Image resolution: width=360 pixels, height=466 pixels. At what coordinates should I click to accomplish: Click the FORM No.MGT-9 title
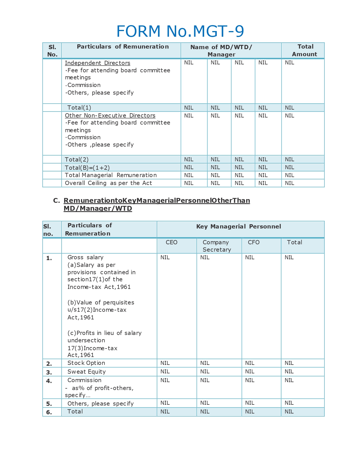pyautogui.click(x=180, y=31)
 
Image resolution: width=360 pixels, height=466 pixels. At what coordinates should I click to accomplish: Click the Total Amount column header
pyautogui.click(x=305, y=50)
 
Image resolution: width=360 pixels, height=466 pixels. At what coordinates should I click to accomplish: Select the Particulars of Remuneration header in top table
pyautogui.click(x=123, y=47)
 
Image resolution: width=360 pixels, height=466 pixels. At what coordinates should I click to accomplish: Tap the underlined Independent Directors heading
pyautogui.click(x=97, y=63)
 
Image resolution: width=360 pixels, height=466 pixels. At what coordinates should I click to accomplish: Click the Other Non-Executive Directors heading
pyautogui.click(x=110, y=116)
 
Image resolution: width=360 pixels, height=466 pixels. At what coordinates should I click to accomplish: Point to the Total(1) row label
pyautogui.click(x=79, y=108)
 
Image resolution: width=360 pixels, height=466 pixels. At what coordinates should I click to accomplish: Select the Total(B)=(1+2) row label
pyautogui.click(x=87, y=167)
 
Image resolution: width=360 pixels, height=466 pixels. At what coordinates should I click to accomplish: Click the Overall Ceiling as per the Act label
pyautogui.click(x=108, y=183)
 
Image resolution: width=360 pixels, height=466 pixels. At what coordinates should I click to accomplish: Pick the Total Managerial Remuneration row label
pyautogui.click(x=111, y=175)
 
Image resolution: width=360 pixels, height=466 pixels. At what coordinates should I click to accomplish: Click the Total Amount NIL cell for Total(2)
pyautogui.click(x=289, y=160)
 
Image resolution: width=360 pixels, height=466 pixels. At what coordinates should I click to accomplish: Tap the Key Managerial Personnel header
pyautogui.click(x=239, y=227)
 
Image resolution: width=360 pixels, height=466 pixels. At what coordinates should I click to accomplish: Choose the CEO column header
pyautogui.click(x=171, y=242)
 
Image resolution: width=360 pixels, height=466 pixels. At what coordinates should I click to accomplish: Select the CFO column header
pyautogui.click(x=254, y=242)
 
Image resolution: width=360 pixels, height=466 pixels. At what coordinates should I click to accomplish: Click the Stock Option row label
pyautogui.click(x=86, y=363)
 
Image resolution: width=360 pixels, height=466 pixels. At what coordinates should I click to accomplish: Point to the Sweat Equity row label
pyautogui.click(x=86, y=372)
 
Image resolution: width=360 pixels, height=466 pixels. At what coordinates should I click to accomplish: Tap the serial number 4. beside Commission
pyautogui.click(x=49, y=381)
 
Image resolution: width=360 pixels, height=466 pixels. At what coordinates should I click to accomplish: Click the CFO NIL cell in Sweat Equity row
pyautogui.click(x=250, y=372)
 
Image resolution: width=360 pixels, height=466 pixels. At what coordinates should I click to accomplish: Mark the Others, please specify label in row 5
pyautogui.click(x=100, y=404)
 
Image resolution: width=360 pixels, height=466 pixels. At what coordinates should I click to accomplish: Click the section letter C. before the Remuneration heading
pyautogui.click(x=56, y=201)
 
